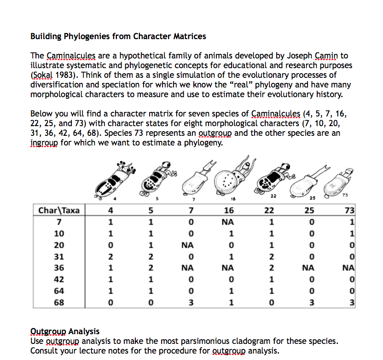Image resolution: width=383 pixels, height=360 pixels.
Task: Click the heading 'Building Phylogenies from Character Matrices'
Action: click(x=118, y=36)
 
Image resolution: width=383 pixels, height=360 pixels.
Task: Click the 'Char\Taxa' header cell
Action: click(x=58, y=211)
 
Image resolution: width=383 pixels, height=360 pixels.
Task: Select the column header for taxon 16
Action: click(x=229, y=211)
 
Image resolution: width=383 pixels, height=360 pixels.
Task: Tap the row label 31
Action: click(x=58, y=256)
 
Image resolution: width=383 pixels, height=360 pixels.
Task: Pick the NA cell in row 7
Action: click(x=229, y=222)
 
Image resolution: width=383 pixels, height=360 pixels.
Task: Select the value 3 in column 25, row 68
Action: click(x=312, y=302)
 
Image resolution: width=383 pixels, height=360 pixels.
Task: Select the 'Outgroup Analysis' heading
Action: click(x=64, y=331)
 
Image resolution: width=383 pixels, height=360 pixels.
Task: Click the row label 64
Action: click(x=58, y=291)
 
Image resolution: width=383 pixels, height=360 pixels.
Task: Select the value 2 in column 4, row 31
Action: click(x=109, y=256)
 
